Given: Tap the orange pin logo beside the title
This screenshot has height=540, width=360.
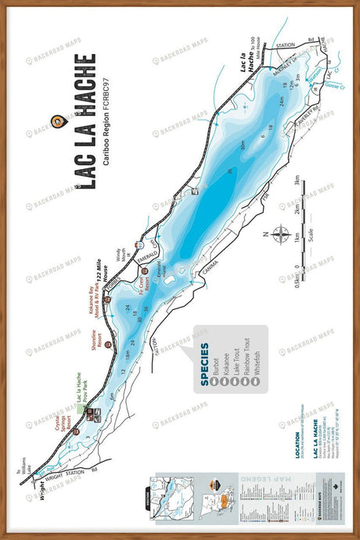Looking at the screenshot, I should (x=56, y=121).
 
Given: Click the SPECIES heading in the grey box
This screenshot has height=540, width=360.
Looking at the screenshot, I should (x=203, y=359).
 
